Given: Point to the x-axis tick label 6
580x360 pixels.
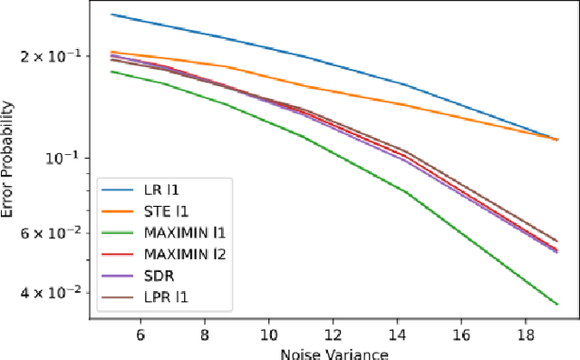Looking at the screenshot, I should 140,334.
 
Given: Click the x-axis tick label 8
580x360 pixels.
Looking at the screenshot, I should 205,334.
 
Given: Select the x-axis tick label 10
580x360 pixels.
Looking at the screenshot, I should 268,334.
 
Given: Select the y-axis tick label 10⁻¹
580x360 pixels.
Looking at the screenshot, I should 66,157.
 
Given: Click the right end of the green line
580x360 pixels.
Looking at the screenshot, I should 556,304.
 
